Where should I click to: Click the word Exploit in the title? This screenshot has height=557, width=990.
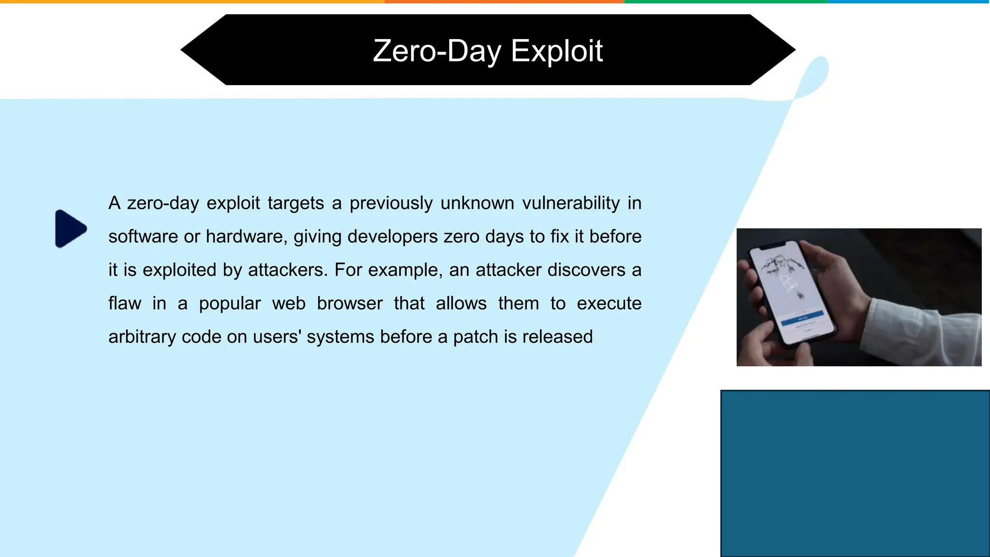point(556,51)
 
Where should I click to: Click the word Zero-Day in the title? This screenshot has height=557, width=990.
point(437,51)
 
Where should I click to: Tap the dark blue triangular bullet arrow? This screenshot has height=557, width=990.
point(70,229)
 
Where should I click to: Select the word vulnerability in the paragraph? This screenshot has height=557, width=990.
point(571,203)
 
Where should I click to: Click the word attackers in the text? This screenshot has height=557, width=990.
point(287,270)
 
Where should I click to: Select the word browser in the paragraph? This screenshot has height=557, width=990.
point(349,304)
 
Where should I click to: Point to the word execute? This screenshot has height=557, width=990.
point(609,304)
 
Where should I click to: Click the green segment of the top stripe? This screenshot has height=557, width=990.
point(725,1)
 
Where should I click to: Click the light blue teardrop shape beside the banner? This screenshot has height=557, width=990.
point(815,77)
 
